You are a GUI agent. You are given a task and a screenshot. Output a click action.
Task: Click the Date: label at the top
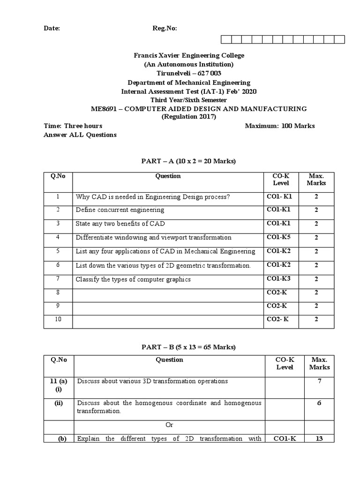pyautogui.click(x=52, y=28)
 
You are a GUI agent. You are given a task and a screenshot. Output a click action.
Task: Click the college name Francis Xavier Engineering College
pyautogui.click(x=189, y=55)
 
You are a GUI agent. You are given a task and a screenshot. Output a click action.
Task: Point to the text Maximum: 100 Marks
pyautogui.click(x=280, y=126)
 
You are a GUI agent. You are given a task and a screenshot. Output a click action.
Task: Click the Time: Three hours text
pyautogui.click(x=73, y=126)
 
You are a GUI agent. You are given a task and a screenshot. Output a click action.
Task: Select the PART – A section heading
pyautogui.click(x=188, y=161)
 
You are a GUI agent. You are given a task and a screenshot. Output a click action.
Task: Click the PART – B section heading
pyautogui.click(x=188, y=347)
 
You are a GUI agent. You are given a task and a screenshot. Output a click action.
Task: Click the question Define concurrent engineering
pyautogui.click(x=120, y=210)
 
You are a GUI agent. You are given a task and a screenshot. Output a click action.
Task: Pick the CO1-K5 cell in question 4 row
pyautogui.click(x=279, y=237)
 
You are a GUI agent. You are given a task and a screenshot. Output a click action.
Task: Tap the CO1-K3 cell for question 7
pyautogui.click(x=279, y=279)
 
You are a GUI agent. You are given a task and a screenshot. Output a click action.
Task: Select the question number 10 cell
pyautogui.click(x=58, y=320)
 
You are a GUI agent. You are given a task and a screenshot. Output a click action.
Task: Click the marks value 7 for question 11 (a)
pyautogui.click(x=319, y=381)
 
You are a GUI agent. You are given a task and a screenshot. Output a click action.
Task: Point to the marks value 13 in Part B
pyautogui.click(x=319, y=439)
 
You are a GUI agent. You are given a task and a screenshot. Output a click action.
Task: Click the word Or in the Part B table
pyautogui.click(x=169, y=425)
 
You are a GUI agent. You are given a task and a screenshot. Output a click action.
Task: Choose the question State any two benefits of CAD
pyautogui.click(x=120, y=224)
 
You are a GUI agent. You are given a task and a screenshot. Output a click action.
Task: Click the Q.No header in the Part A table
pyautogui.click(x=58, y=176)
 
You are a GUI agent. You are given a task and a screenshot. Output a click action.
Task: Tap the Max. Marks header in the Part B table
pyautogui.click(x=319, y=363)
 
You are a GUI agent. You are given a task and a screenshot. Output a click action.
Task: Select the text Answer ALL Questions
pyautogui.click(x=80, y=135)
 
